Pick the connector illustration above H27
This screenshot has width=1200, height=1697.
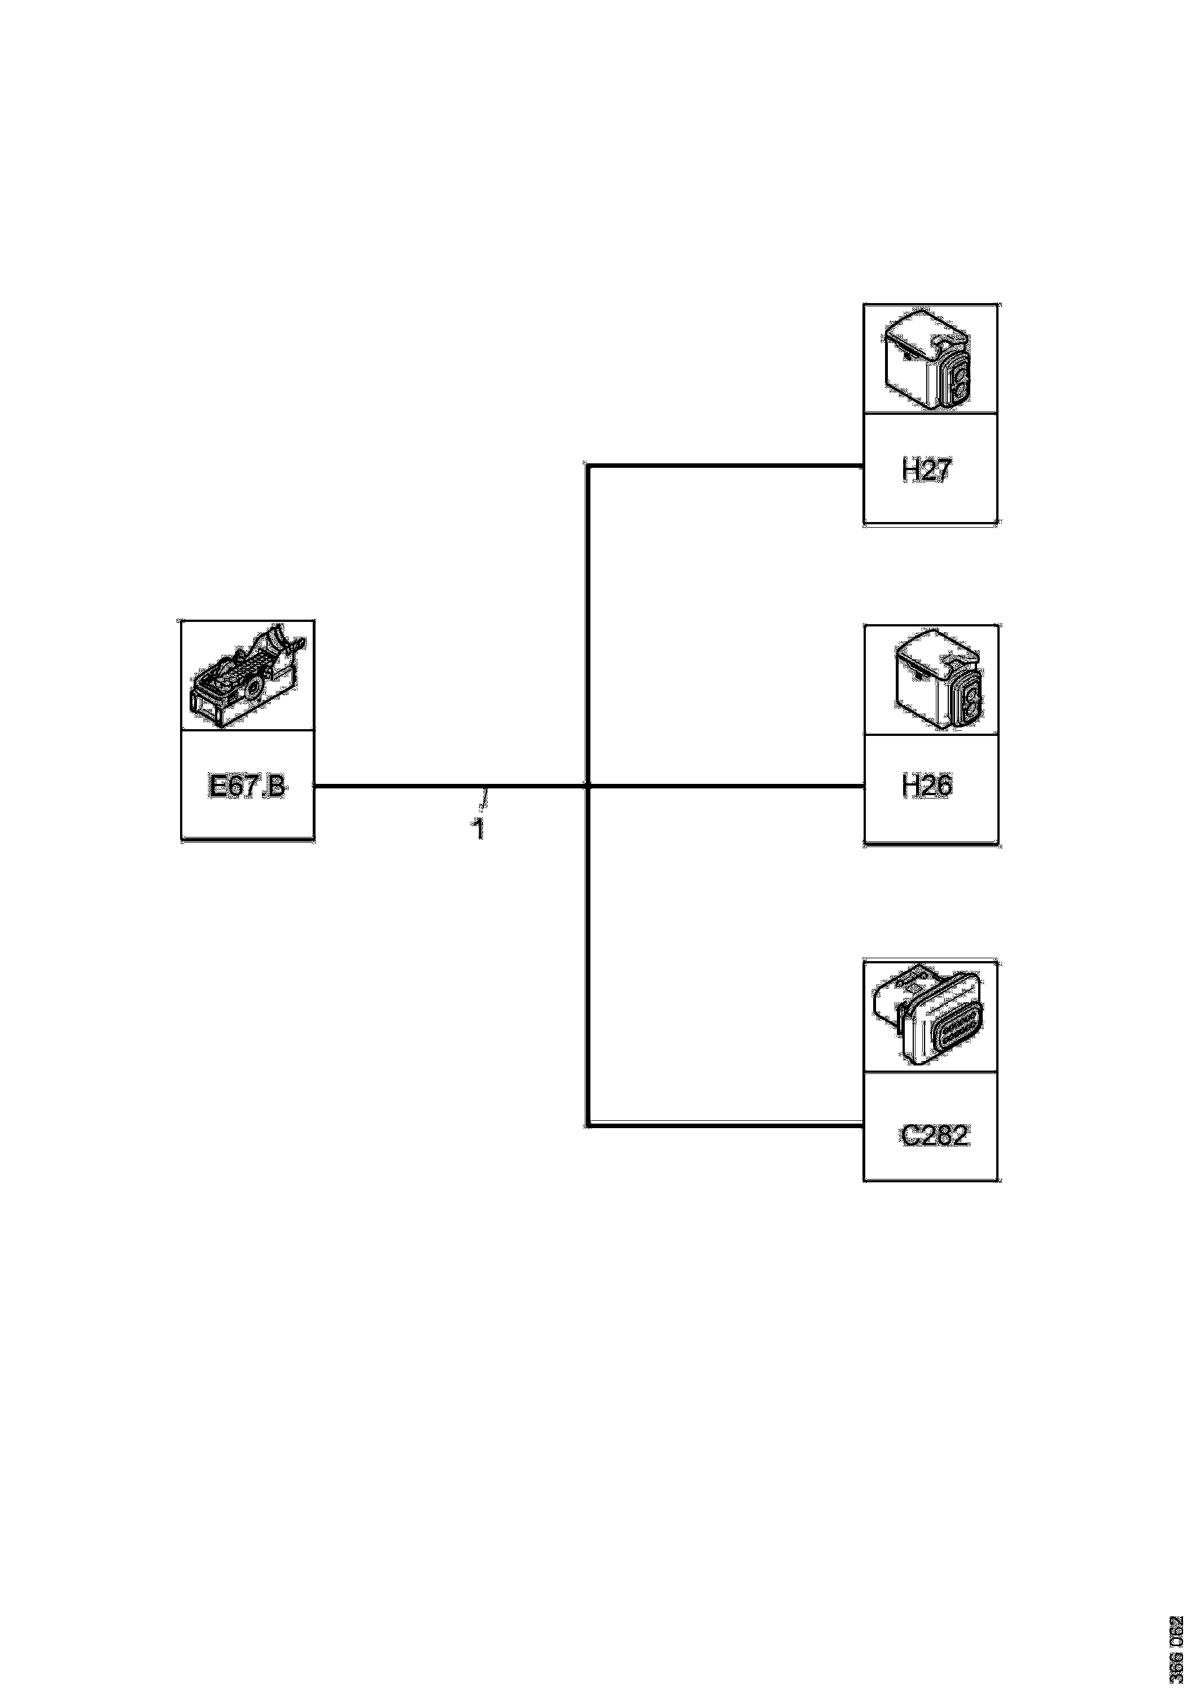(x=930, y=360)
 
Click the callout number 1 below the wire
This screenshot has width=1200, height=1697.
(x=479, y=829)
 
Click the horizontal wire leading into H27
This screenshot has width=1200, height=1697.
(x=725, y=466)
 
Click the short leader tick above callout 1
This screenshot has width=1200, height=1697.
(x=485, y=800)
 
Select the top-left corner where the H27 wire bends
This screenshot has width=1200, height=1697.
(x=587, y=466)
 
